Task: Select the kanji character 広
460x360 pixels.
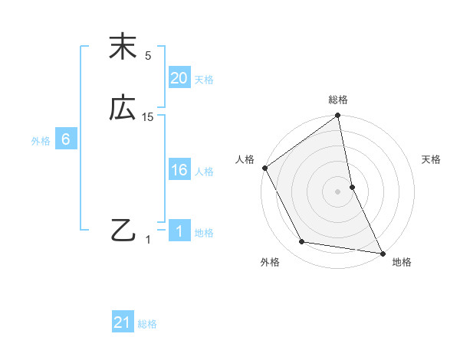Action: tap(123, 108)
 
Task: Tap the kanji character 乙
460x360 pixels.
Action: tap(123, 230)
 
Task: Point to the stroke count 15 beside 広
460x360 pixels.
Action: tap(148, 117)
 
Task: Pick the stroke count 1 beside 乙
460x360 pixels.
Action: tap(148, 240)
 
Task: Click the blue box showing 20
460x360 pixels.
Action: tap(179, 78)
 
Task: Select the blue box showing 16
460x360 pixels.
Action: tap(179, 170)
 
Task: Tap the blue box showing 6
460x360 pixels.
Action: tap(66, 139)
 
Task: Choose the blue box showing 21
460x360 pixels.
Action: tap(123, 322)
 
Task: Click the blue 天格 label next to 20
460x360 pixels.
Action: tap(204, 80)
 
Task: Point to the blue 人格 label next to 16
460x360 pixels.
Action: tap(204, 172)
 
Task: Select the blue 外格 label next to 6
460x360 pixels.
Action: tap(41, 141)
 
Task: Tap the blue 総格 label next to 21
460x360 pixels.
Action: tap(147, 324)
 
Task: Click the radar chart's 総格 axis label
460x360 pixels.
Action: tap(338, 100)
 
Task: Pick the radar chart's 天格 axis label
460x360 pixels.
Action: tap(432, 159)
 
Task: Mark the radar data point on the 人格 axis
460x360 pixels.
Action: tap(264, 168)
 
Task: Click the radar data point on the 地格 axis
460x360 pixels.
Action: tap(383, 253)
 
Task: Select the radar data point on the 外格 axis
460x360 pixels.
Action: tap(302, 242)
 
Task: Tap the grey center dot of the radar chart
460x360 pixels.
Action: tap(338, 191)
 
